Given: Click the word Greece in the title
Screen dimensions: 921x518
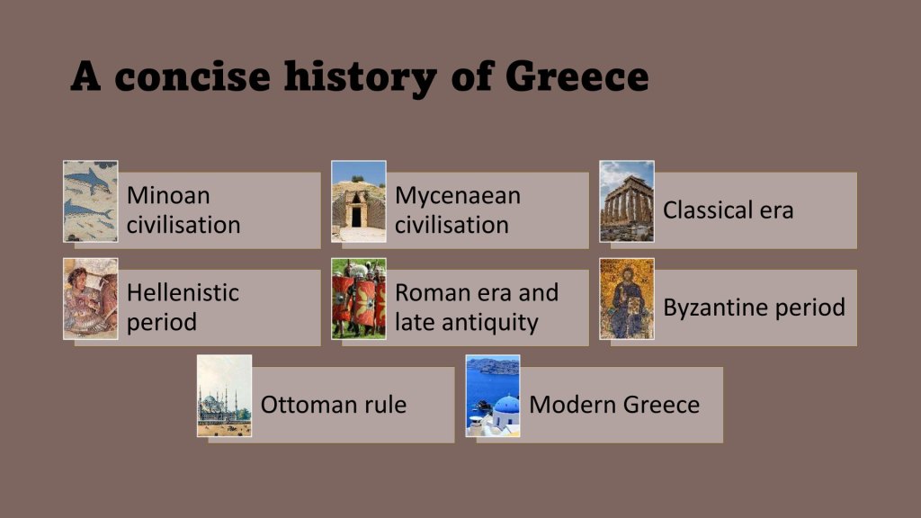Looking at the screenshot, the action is click(x=577, y=76).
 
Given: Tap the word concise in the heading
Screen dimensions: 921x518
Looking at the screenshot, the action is click(x=192, y=76).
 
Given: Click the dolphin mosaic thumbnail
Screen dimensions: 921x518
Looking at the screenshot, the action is click(x=91, y=201).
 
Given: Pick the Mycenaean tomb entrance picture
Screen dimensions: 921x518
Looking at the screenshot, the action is click(x=359, y=201).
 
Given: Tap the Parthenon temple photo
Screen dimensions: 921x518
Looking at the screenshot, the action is click(x=627, y=201).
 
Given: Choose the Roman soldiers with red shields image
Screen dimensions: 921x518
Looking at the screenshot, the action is click(x=359, y=299).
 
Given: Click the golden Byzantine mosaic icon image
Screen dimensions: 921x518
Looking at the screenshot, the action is click(x=627, y=299).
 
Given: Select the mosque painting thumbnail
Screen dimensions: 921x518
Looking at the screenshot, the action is click(x=224, y=396).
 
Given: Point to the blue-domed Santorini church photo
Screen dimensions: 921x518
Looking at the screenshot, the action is click(x=493, y=396).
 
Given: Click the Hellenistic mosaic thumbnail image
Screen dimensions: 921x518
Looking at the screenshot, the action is click(x=91, y=299).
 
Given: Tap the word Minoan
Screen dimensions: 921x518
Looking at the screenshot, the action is click(x=168, y=195).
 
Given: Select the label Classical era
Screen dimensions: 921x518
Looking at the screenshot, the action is click(x=729, y=210).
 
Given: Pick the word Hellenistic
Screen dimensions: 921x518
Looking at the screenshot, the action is click(x=183, y=292).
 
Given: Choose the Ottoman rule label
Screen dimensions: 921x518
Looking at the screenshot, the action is click(x=334, y=405).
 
